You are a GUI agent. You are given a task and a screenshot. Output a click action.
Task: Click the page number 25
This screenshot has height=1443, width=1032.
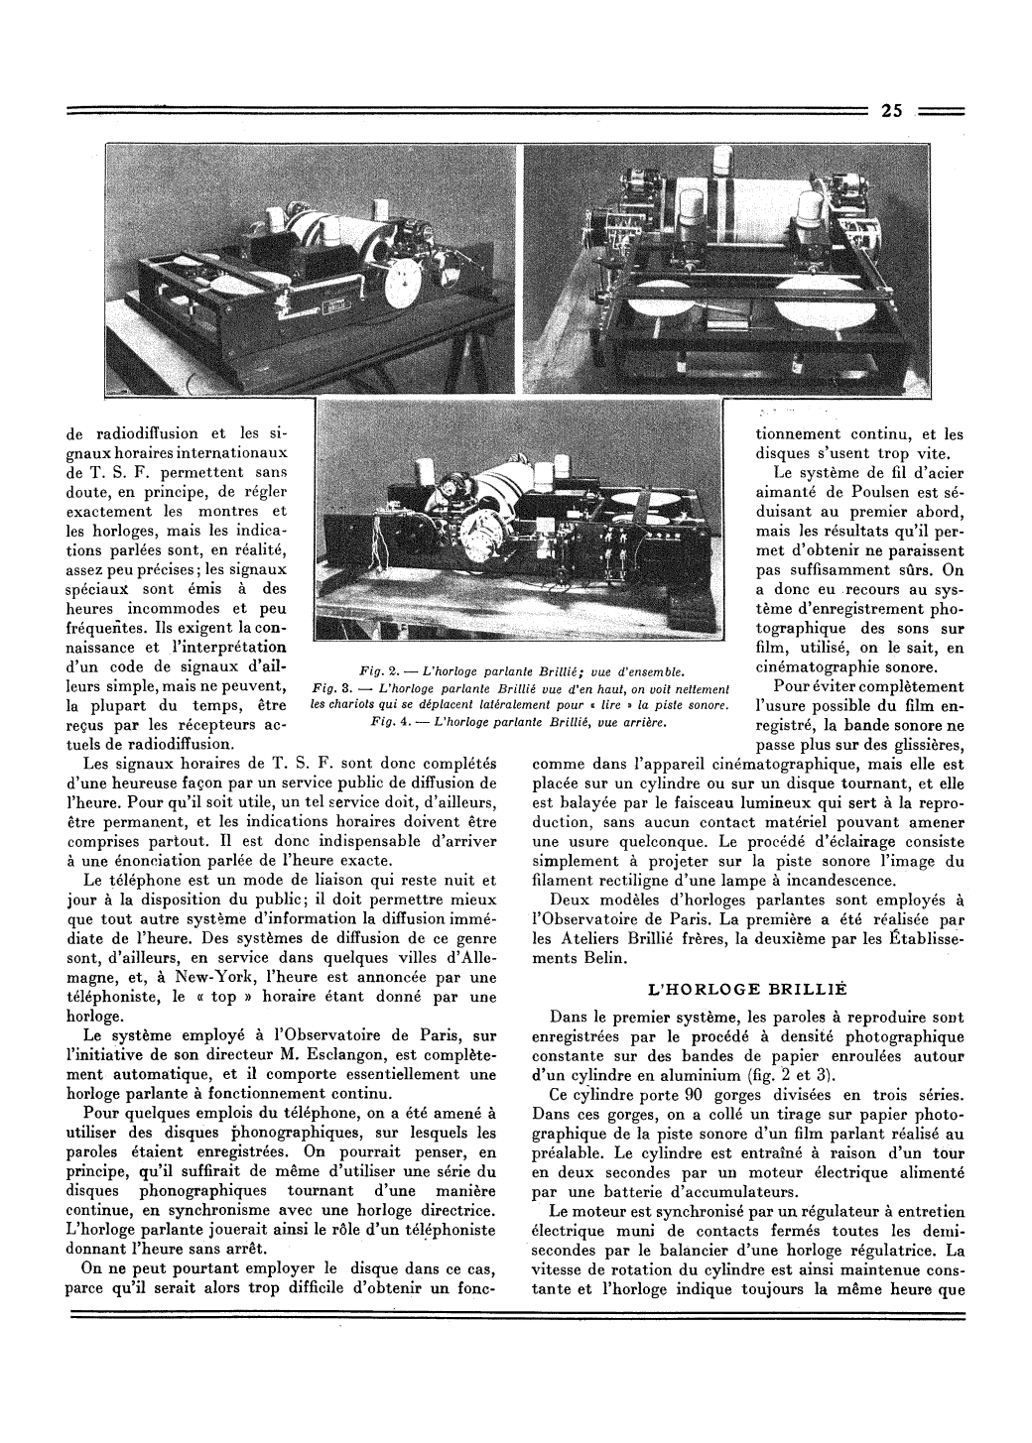tap(889, 112)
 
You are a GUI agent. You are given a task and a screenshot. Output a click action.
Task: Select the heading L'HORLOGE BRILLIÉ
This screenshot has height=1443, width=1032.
tap(739, 990)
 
